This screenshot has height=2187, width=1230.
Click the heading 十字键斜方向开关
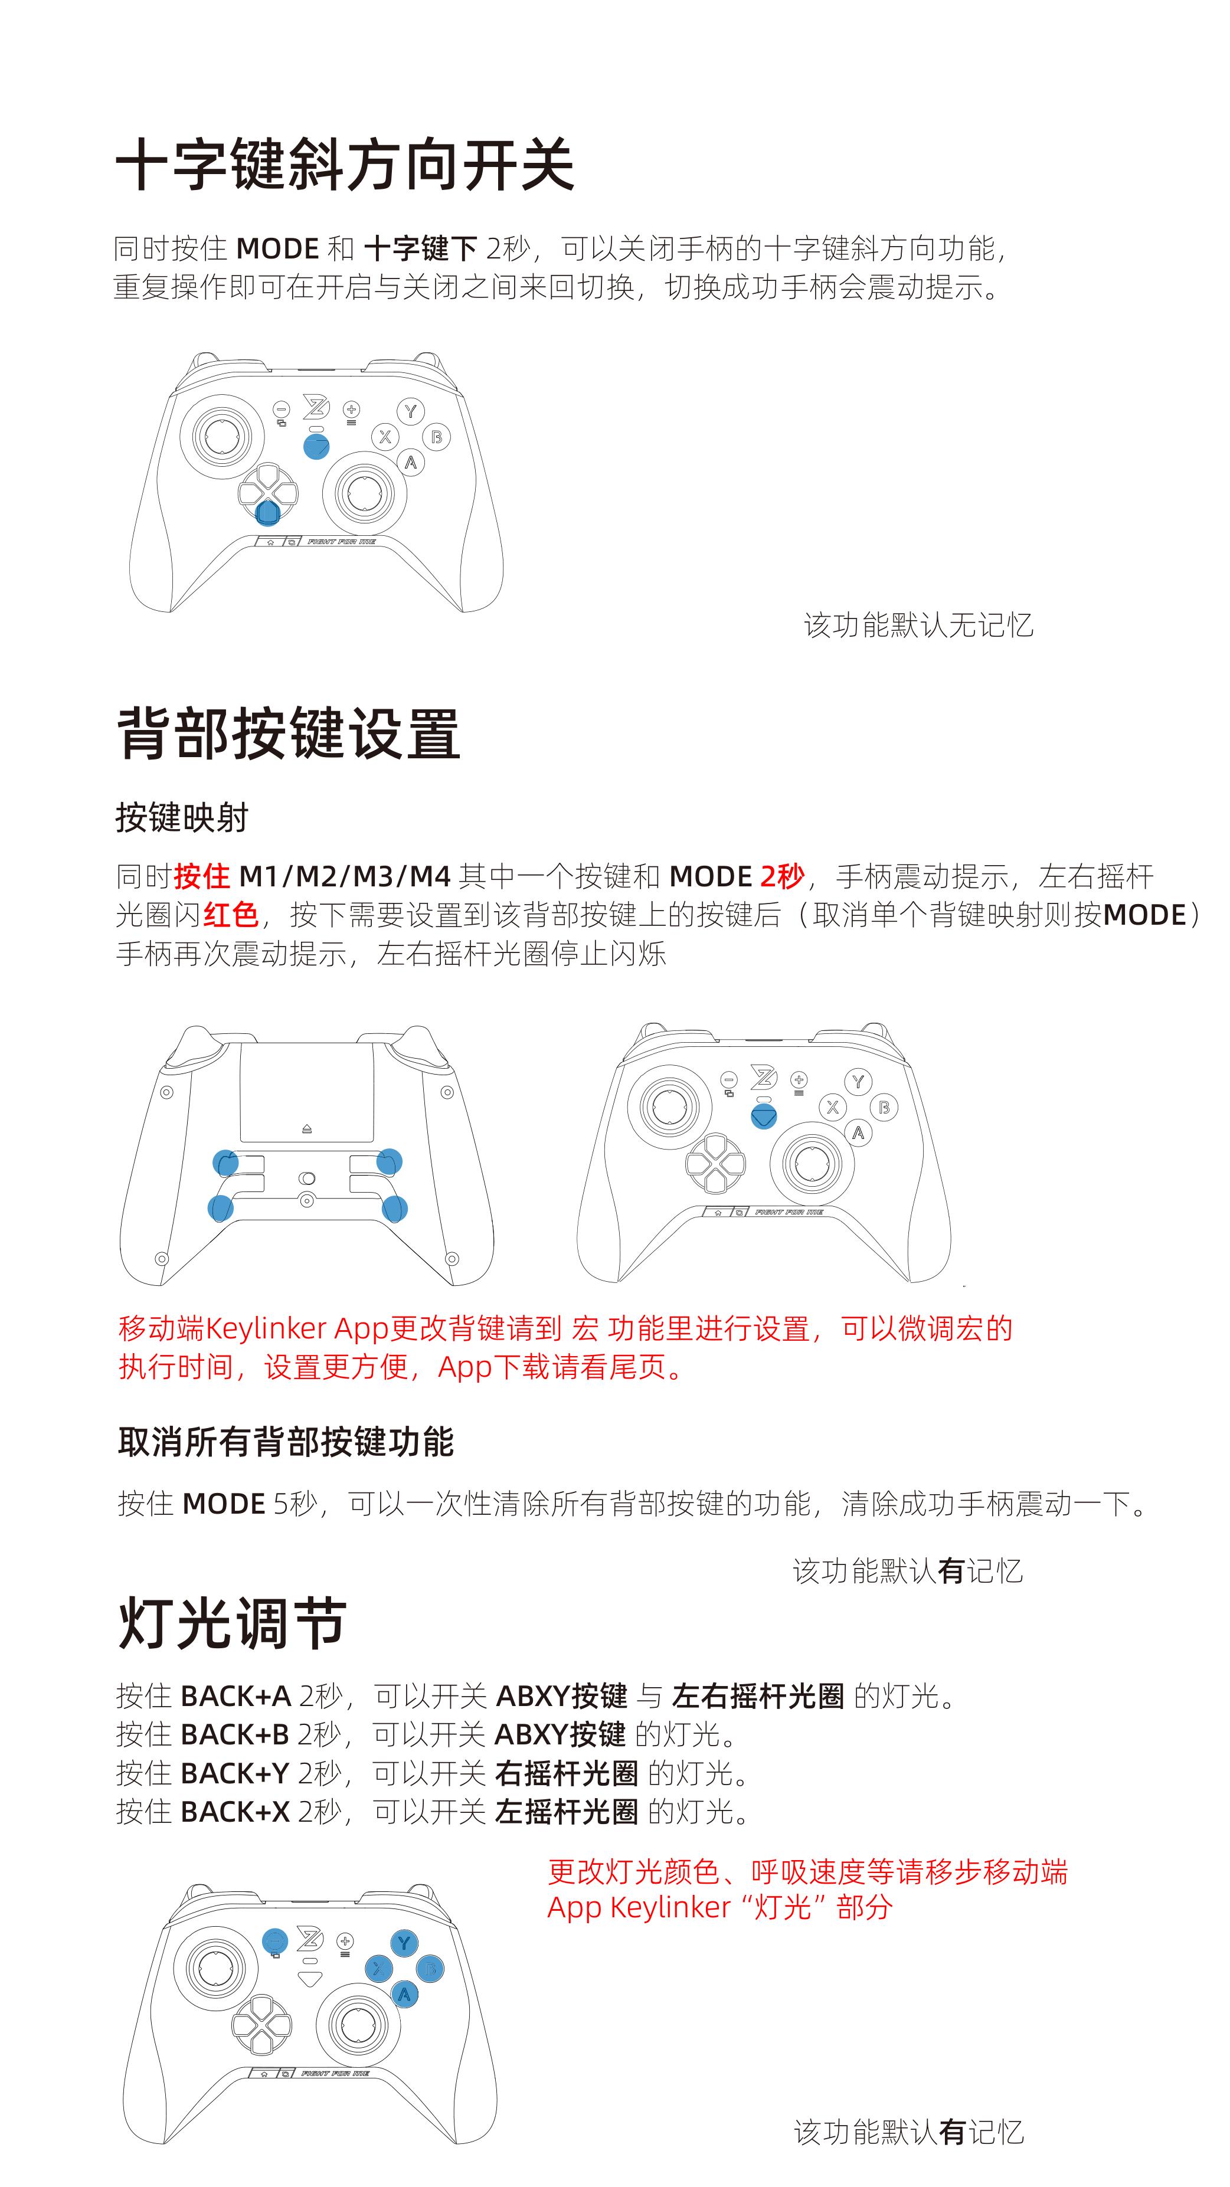345,164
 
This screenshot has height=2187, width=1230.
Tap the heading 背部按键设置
289,733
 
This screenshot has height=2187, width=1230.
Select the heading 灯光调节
232,1622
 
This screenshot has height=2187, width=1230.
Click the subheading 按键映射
182,817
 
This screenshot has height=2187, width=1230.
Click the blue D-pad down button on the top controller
267,513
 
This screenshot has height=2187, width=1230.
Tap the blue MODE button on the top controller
316,447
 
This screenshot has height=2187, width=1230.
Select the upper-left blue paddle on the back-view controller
226,1163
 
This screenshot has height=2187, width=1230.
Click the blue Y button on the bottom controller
404,1943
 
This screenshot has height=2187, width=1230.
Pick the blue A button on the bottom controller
404,1994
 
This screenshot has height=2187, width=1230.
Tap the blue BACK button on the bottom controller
275,1941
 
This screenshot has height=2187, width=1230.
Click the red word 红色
231,914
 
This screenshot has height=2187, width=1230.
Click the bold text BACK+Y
235,1773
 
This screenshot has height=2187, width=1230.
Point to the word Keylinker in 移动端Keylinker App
267,1328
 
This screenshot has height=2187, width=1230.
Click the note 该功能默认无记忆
918,625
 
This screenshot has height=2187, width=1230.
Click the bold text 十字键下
421,249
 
